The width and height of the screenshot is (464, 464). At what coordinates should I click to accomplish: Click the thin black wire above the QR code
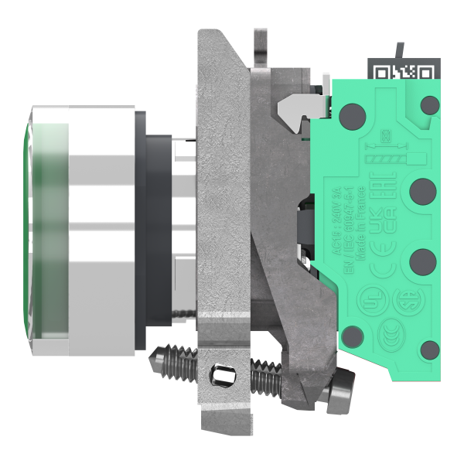click(397, 50)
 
